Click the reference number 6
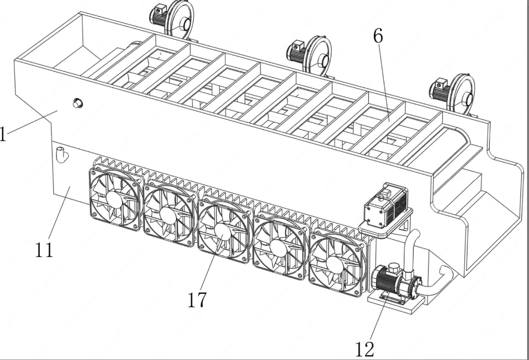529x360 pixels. click(378, 36)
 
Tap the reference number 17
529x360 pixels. click(197, 299)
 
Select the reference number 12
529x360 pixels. click(365, 349)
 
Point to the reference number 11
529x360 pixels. click(44, 250)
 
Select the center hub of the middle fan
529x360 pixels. click(223, 232)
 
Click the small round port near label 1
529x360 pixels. click(77, 103)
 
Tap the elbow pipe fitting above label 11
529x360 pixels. click(62, 154)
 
